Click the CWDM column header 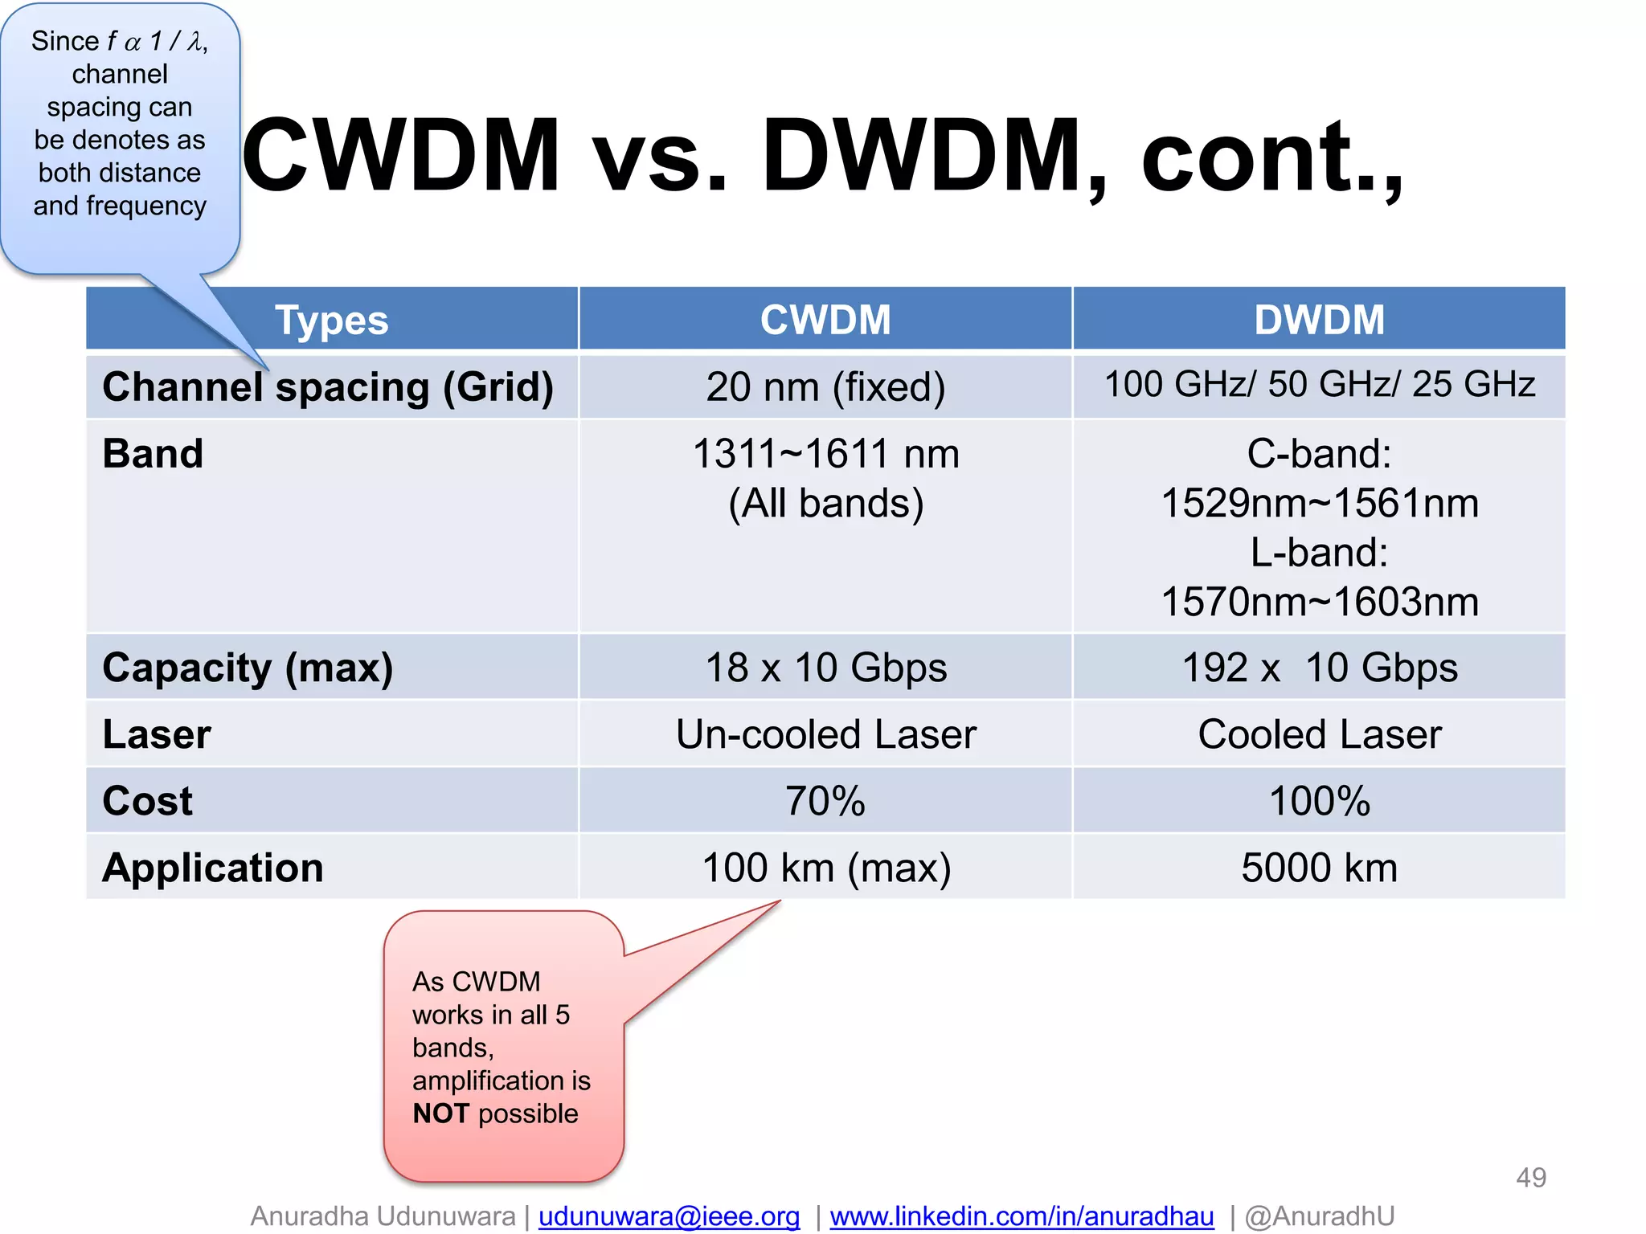click(x=825, y=320)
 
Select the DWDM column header click(x=1319, y=320)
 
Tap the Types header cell click(x=331, y=320)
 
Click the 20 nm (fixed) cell click(x=825, y=386)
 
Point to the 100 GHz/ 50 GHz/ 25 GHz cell click(x=1319, y=384)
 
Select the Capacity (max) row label click(x=248, y=668)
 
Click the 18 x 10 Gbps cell click(x=825, y=668)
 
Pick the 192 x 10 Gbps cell click(x=1319, y=668)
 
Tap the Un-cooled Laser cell click(x=825, y=734)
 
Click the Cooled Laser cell click(x=1319, y=734)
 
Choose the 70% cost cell click(x=825, y=801)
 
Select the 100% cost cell click(x=1319, y=801)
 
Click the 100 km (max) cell click(x=825, y=868)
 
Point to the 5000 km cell click(x=1319, y=868)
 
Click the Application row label click(x=213, y=868)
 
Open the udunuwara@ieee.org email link click(x=669, y=1216)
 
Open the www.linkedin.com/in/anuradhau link click(x=1022, y=1216)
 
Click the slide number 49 click(x=1530, y=1178)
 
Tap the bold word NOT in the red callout click(x=440, y=1113)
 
